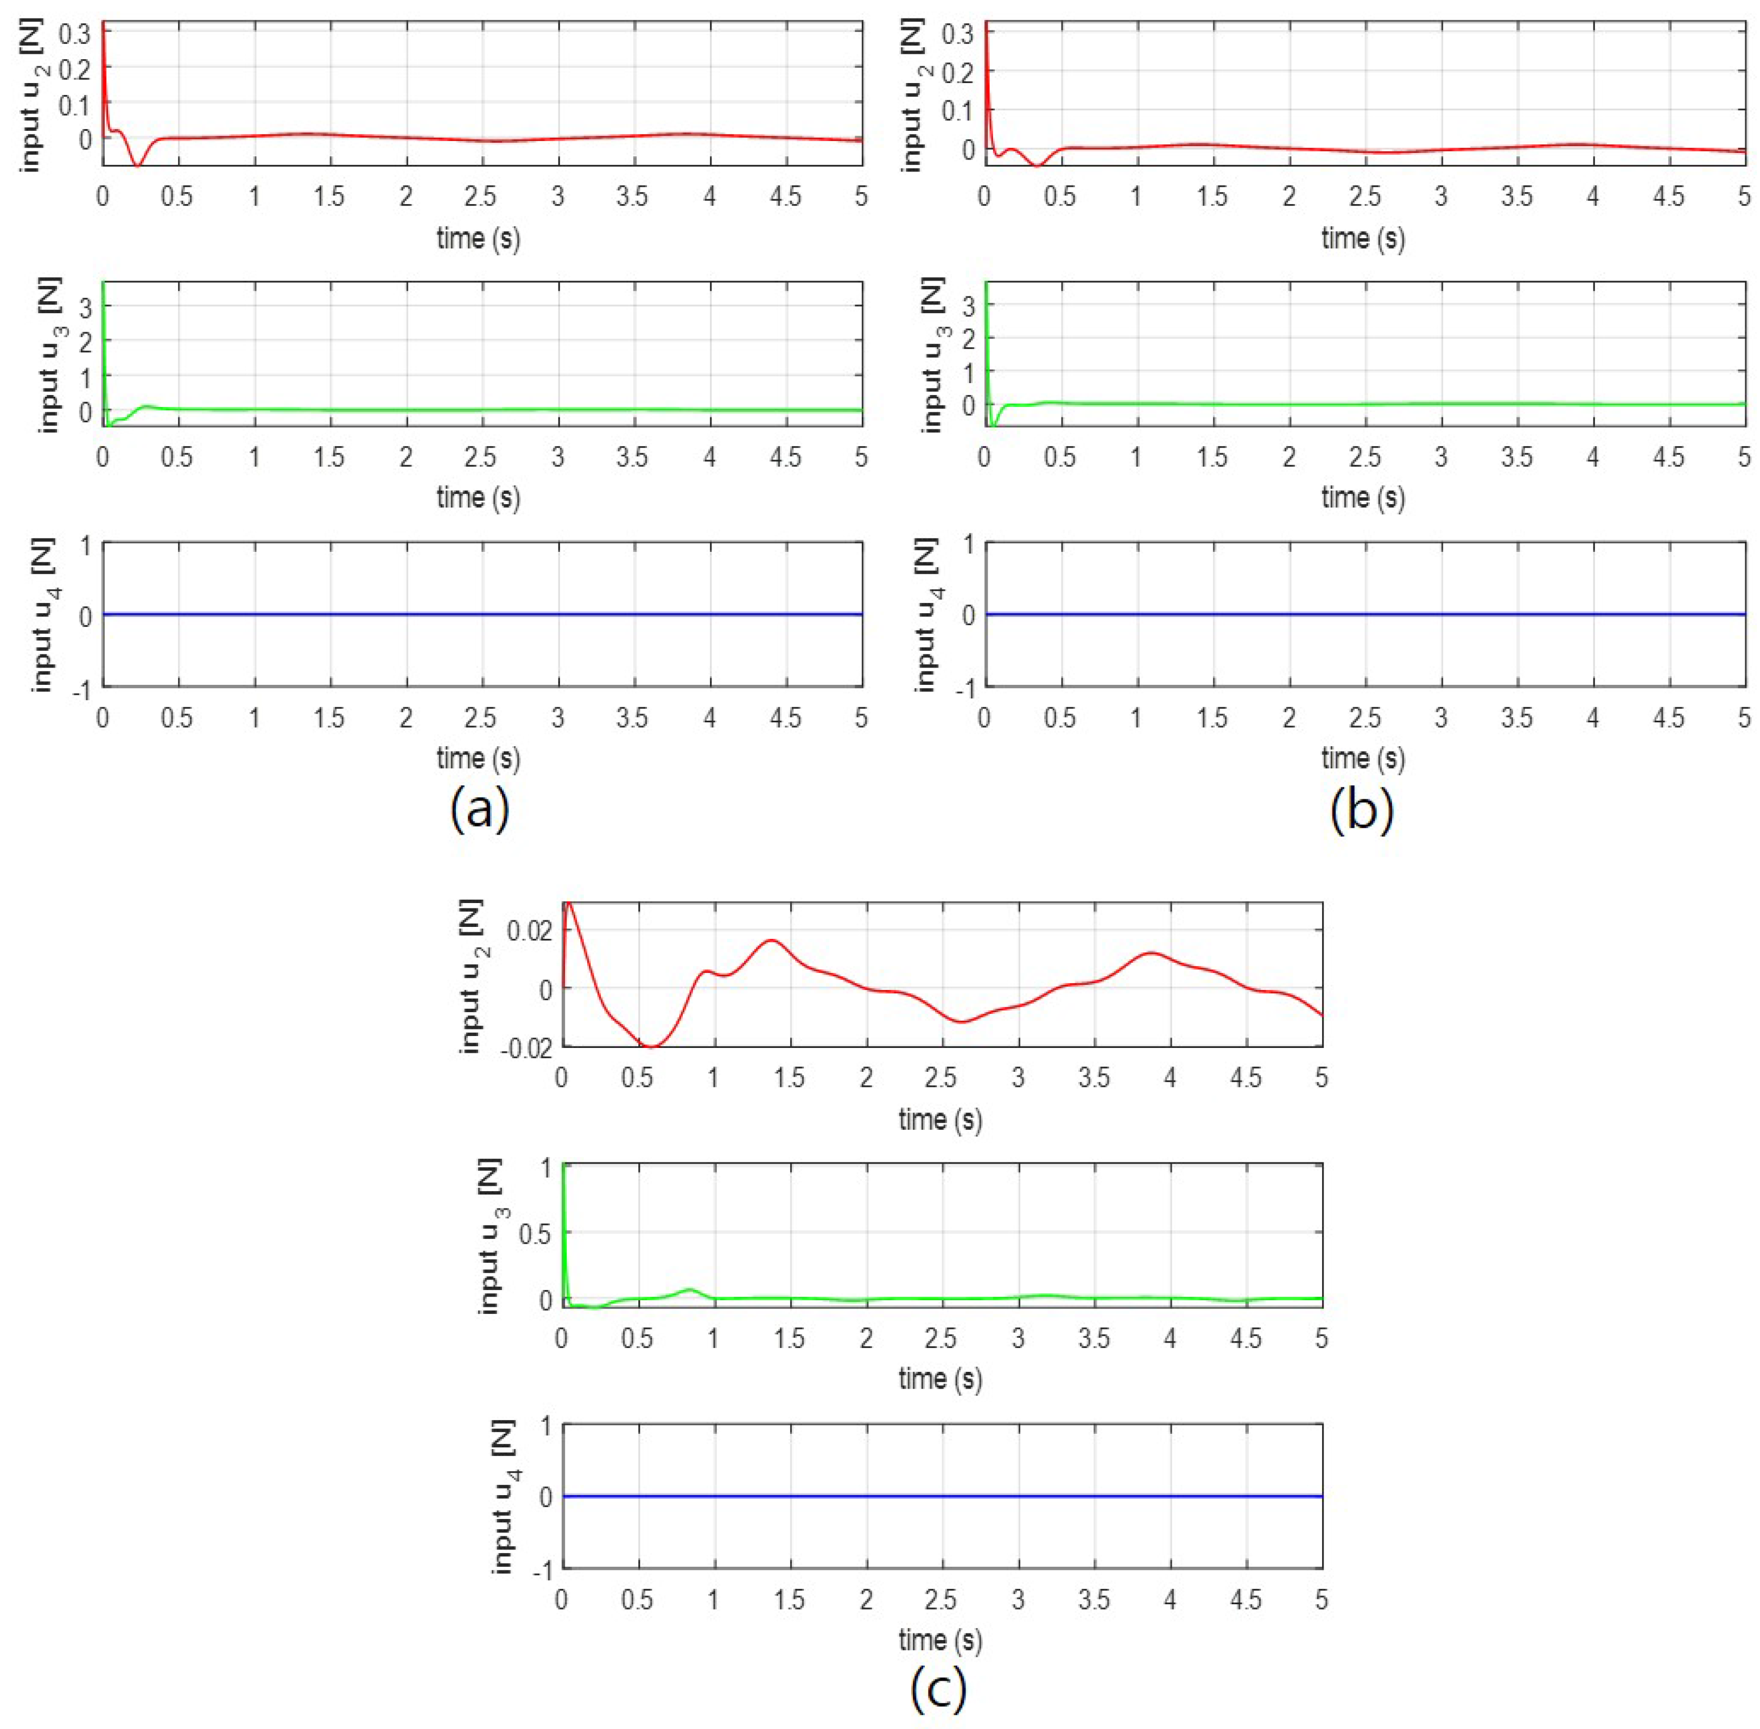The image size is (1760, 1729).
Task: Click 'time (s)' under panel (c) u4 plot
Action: (x=940, y=1639)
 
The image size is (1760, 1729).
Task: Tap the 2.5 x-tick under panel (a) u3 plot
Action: (x=480, y=457)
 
